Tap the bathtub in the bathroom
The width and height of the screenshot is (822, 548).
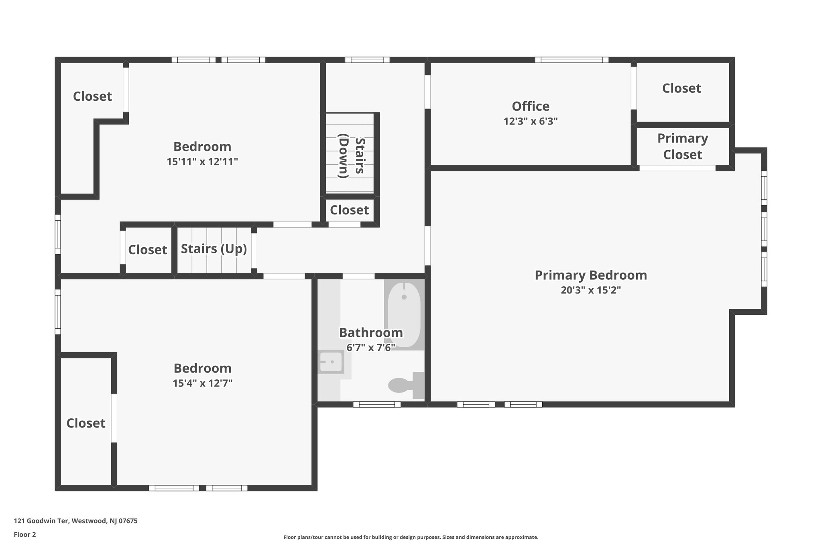pos(404,314)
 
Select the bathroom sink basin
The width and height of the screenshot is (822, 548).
pos(331,362)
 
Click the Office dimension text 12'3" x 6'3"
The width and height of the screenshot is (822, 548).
pos(531,121)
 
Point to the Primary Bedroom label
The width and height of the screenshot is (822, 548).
pos(591,275)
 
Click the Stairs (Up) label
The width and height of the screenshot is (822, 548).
pos(214,249)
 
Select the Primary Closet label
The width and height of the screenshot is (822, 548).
pos(682,147)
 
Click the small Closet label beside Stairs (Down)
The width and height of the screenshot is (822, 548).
pos(349,210)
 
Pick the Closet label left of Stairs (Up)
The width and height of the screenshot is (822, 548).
pos(147,250)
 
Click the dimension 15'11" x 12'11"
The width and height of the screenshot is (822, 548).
pos(202,162)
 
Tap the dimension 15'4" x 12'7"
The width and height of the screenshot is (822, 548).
pos(202,383)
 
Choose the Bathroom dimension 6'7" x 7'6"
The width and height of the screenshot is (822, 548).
pos(371,348)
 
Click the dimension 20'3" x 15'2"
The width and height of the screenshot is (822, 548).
pos(591,290)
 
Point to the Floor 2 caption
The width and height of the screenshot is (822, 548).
pos(25,534)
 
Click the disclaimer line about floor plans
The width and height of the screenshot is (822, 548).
pos(411,537)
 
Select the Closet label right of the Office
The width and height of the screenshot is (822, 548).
pos(681,88)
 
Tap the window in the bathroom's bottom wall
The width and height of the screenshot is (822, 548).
pos(376,404)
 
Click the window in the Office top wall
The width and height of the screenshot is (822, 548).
pos(571,60)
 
